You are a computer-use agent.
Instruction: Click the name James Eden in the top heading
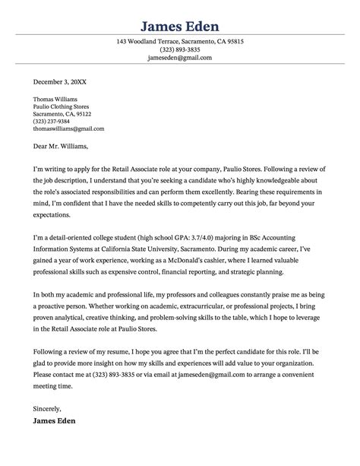180,15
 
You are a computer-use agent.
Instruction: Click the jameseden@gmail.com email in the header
180,58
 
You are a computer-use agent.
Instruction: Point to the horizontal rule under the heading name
180,32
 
